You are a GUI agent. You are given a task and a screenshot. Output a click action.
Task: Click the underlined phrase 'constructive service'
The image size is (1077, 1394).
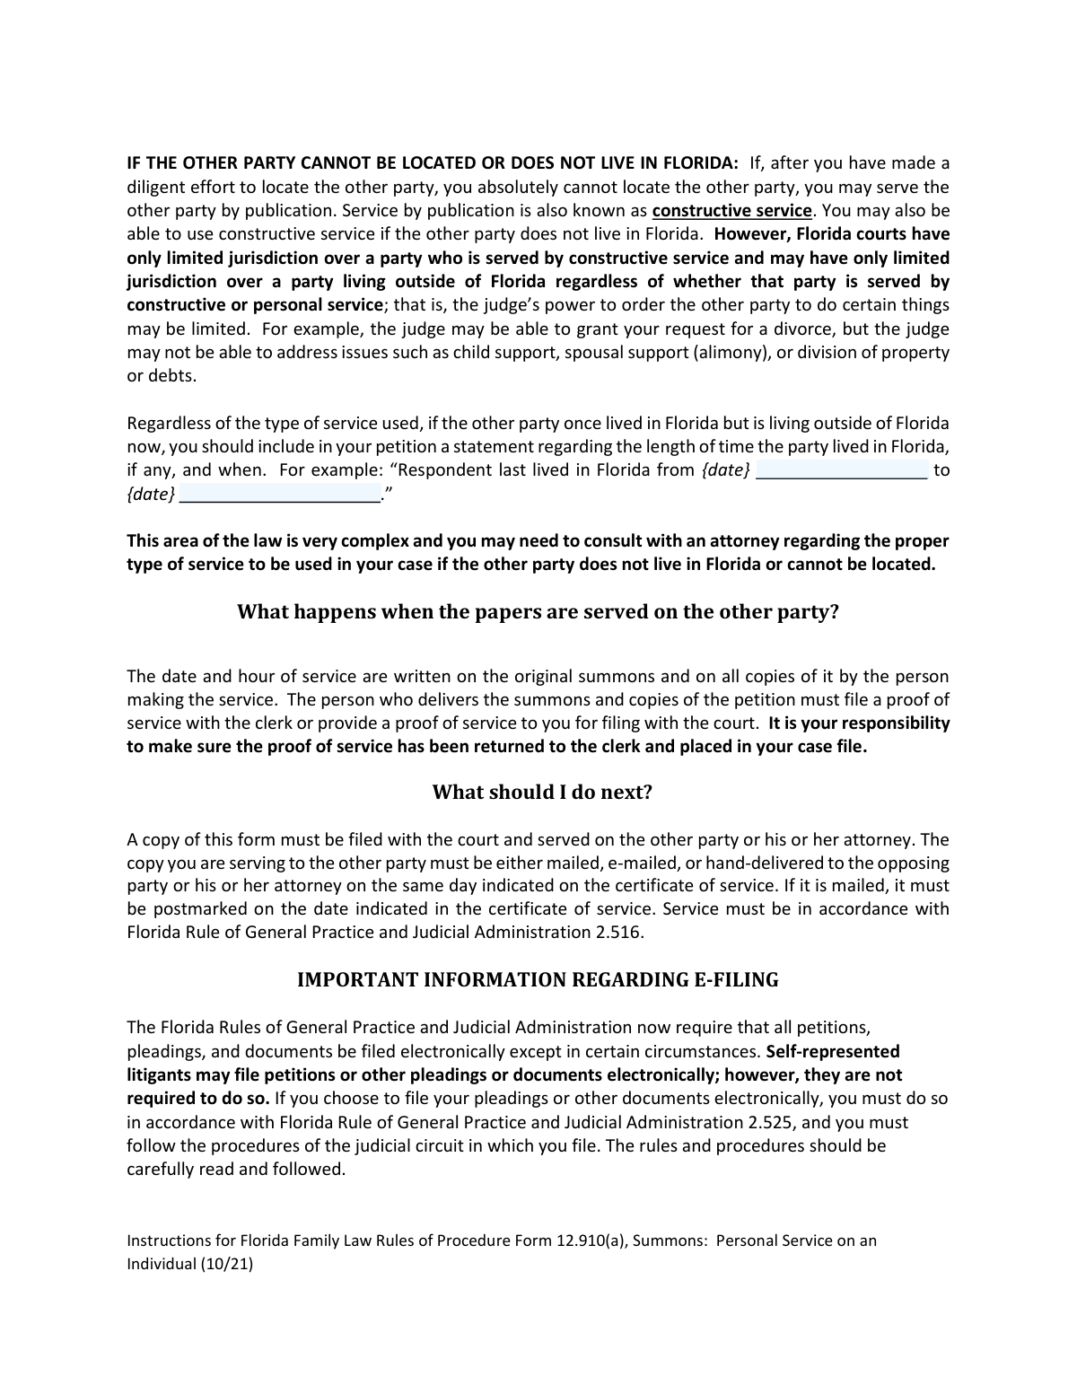(732, 211)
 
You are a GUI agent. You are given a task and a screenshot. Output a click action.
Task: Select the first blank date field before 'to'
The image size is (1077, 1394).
(841, 469)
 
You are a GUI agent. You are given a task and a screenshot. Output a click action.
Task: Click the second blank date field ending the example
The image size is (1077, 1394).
(280, 494)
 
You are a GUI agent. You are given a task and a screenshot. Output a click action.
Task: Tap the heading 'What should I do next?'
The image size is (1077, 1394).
(542, 792)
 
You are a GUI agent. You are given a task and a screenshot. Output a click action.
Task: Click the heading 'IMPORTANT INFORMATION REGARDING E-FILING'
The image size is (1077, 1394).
(538, 979)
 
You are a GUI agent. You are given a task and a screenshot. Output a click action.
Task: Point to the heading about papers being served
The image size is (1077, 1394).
(538, 612)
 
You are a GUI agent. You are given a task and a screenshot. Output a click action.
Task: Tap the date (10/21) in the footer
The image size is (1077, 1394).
(227, 1264)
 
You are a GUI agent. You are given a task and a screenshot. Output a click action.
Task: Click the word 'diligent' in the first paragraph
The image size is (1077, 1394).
(154, 188)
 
